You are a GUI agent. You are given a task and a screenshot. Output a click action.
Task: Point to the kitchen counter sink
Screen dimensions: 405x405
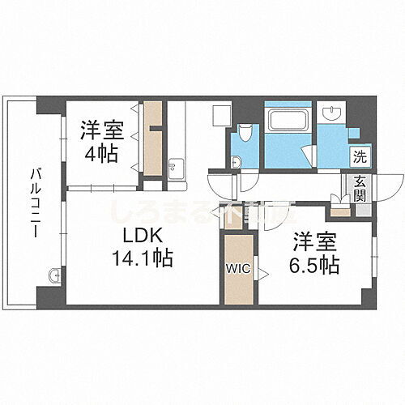tap(177, 168)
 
